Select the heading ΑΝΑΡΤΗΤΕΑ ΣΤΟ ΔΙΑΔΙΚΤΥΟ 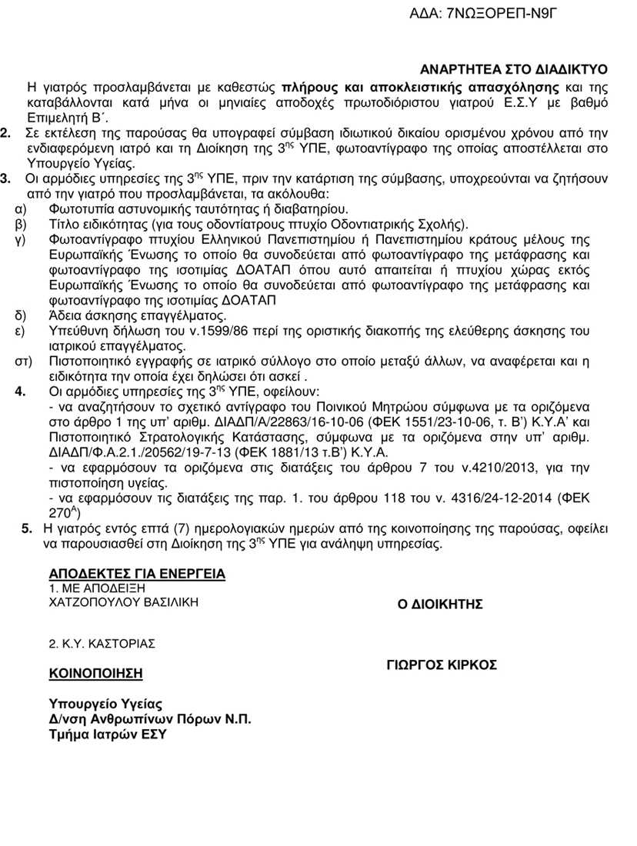[514, 68]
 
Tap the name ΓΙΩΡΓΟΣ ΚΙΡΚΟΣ [442, 664]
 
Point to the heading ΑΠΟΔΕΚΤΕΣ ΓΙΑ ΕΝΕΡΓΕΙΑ [137, 574]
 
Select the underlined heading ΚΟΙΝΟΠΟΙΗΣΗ [96, 673]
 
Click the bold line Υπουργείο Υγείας [106, 704]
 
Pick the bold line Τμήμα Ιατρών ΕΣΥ [108, 734]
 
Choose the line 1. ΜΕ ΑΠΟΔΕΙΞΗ [96, 588]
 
